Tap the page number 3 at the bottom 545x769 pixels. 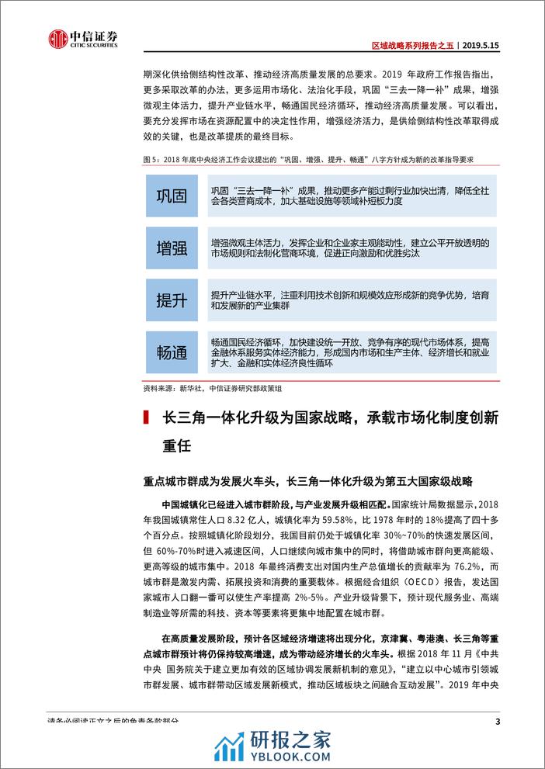tap(496, 722)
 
